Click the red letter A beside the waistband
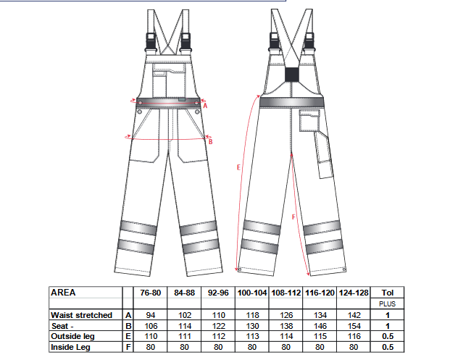point(205,106)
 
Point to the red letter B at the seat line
point(210,141)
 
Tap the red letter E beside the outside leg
point(238,167)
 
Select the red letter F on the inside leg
point(293,217)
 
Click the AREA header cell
point(63,293)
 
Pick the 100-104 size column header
point(252,293)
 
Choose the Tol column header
point(388,293)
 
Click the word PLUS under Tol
point(388,304)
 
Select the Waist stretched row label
point(81,315)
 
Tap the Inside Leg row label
point(70,348)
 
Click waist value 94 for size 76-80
point(151,315)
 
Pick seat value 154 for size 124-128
point(354,326)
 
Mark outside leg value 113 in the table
point(253,336)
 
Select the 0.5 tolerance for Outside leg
point(388,336)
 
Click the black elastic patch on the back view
point(292,75)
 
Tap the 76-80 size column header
point(151,293)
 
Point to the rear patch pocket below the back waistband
point(309,120)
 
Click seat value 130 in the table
point(253,326)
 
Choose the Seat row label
point(62,326)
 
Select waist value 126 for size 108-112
point(286,315)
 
